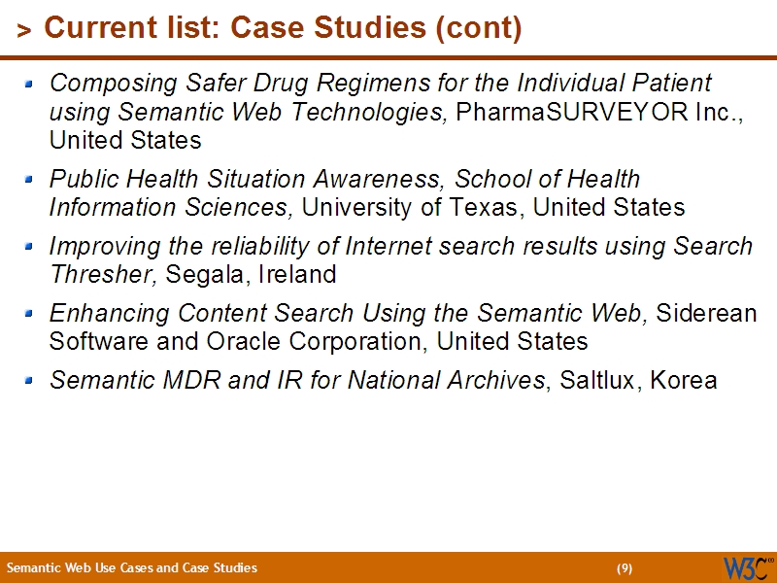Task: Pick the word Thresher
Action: coord(104,274)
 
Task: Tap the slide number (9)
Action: coord(625,568)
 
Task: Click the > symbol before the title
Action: coord(24,31)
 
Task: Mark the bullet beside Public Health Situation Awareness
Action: coord(29,180)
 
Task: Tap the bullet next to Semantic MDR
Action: coord(29,381)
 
